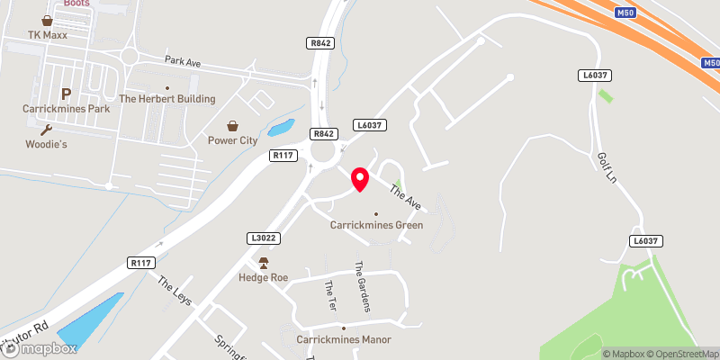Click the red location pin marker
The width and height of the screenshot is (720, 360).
pos(360,179)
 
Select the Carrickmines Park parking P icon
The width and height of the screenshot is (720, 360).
pos(66,94)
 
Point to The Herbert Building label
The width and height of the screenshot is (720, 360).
pos(166,99)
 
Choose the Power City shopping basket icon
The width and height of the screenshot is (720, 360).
pos(233,126)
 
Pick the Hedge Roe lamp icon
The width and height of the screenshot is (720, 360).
pos(264,263)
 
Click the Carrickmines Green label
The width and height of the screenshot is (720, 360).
pos(376,225)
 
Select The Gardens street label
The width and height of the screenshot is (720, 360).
pos(362,286)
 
